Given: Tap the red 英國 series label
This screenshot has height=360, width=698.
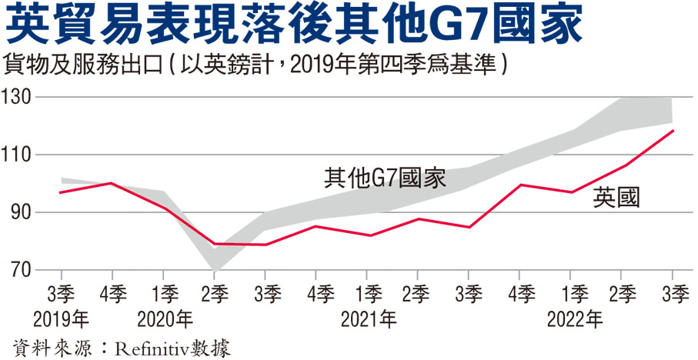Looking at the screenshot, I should pos(616,198).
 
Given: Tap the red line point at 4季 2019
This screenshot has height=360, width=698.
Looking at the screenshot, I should pos(112,183).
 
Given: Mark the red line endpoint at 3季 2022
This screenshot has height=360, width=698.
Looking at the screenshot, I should pos(673,131).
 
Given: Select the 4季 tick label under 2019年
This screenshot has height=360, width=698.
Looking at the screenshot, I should pos(112,293).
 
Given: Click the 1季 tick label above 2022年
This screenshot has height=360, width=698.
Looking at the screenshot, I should pos(571,293).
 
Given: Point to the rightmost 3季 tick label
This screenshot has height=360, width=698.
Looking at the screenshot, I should pos(673,293).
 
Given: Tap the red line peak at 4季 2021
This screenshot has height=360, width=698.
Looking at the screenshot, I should pos(520,185).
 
